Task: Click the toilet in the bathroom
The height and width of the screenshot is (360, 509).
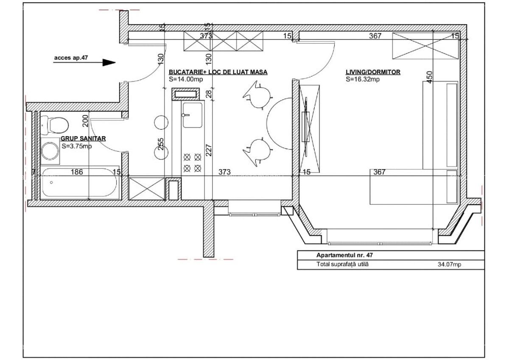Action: (55, 125)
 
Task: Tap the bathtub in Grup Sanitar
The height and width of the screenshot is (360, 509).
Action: (80, 182)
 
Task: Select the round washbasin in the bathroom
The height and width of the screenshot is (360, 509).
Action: (50, 151)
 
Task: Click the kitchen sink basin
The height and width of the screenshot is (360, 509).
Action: (193, 115)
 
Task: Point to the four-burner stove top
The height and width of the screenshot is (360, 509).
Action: (192, 163)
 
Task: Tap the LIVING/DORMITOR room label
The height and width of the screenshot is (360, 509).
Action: (373, 72)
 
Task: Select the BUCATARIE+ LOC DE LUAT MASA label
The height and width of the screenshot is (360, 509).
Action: (218, 72)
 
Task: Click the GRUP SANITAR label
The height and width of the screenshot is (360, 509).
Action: (83, 138)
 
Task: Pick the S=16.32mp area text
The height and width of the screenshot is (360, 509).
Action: (363, 79)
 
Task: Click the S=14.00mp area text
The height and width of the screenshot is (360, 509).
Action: (186, 79)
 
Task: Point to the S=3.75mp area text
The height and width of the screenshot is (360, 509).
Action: (77, 146)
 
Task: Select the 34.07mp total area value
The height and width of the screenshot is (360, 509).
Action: (449, 264)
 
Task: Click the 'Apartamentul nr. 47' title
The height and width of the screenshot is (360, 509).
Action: (344, 255)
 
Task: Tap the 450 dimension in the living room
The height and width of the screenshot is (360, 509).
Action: (429, 78)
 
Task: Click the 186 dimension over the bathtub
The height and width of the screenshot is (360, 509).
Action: (77, 172)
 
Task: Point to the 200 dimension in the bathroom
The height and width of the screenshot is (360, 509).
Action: (85, 121)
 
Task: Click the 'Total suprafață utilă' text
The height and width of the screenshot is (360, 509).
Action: (342, 264)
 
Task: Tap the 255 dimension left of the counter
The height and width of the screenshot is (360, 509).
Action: (160, 144)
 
